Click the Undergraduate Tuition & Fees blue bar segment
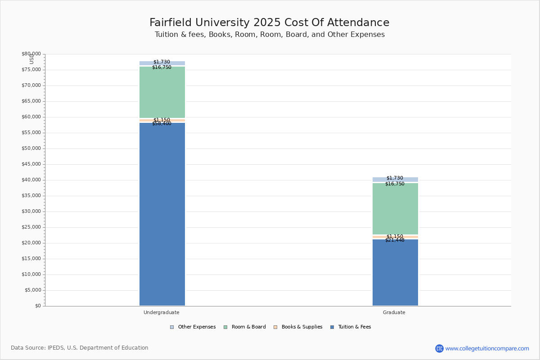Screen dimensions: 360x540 click(x=162, y=214)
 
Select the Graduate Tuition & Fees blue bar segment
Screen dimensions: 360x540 click(x=395, y=272)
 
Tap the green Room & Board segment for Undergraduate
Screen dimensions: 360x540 click(x=162, y=92)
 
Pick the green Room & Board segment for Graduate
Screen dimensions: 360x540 click(x=395, y=209)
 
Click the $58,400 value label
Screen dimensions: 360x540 click(x=162, y=124)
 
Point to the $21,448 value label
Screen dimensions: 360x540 click(x=395, y=240)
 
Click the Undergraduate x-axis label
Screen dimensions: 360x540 click(x=162, y=312)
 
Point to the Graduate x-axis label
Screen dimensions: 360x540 click(x=394, y=312)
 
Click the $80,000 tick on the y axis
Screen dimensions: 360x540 click(x=31, y=54)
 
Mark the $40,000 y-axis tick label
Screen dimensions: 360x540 click(x=31, y=180)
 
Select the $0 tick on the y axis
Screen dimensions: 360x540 click(x=37, y=306)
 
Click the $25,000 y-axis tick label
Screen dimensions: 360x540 click(x=31, y=227)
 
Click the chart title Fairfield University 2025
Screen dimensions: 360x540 click(x=270, y=22)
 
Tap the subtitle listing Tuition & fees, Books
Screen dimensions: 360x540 click(x=270, y=35)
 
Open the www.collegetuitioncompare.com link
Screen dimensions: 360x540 click(x=487, y=348)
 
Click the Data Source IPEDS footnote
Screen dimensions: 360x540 click(x=80, y=348)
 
